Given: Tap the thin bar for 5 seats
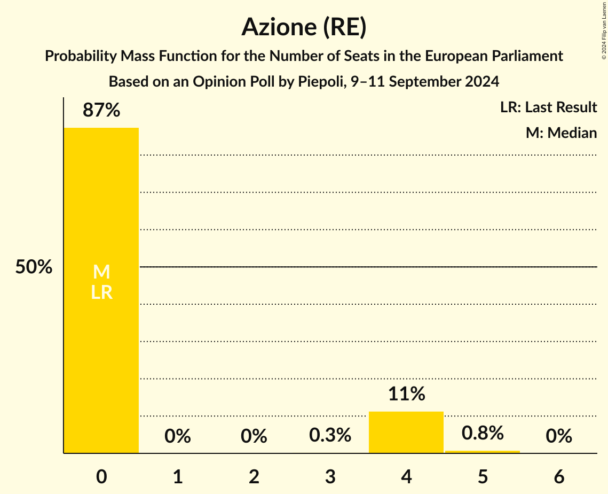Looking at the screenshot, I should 483,452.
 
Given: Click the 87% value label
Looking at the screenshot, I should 101,111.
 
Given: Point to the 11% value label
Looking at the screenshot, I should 406,395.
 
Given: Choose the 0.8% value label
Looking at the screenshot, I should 483,433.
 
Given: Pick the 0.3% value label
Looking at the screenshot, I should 330,436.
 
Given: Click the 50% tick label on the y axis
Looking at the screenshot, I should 34,267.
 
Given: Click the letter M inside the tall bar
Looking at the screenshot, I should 101,273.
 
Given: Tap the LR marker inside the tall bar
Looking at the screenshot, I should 101,292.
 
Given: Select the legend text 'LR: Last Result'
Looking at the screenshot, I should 548,107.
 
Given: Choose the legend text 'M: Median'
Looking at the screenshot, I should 561,133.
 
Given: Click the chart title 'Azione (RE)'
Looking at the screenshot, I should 304,27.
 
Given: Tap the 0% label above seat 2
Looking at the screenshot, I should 254,437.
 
